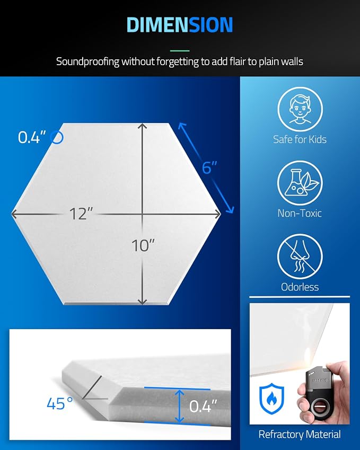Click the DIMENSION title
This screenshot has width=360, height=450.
179,25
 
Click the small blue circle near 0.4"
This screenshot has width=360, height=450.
57,137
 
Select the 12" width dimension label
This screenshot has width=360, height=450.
81,214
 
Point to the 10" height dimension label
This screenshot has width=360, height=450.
143,245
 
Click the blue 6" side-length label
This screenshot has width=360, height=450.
209,167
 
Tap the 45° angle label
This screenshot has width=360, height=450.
60,403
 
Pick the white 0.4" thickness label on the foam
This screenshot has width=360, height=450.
203,406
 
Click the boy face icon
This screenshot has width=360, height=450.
300,109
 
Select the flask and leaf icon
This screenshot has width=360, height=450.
300,183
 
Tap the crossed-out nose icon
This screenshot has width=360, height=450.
300,257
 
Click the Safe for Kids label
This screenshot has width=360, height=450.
300,139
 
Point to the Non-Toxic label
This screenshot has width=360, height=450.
300,213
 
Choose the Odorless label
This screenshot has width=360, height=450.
300,287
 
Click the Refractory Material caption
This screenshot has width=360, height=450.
300,434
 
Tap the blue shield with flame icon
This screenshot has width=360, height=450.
271,398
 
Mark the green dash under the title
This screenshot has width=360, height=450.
180,51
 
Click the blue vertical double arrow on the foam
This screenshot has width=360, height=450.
179,406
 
